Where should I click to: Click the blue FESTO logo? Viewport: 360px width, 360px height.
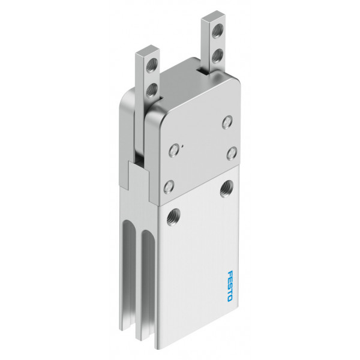click(230, 286)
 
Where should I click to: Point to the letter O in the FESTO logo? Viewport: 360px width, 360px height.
click(230, 298)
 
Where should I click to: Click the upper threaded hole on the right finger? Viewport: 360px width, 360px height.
click(217, 31)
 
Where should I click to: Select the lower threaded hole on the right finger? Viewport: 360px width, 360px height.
click(217, 56)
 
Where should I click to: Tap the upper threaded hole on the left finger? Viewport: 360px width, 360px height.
click(152, 65)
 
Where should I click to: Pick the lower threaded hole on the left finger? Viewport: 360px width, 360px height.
click(152, 90)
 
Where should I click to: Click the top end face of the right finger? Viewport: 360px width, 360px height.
click(213, 16)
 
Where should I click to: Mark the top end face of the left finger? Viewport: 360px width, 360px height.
click(148, 50)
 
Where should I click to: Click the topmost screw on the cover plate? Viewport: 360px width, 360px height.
click(227, 122)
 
